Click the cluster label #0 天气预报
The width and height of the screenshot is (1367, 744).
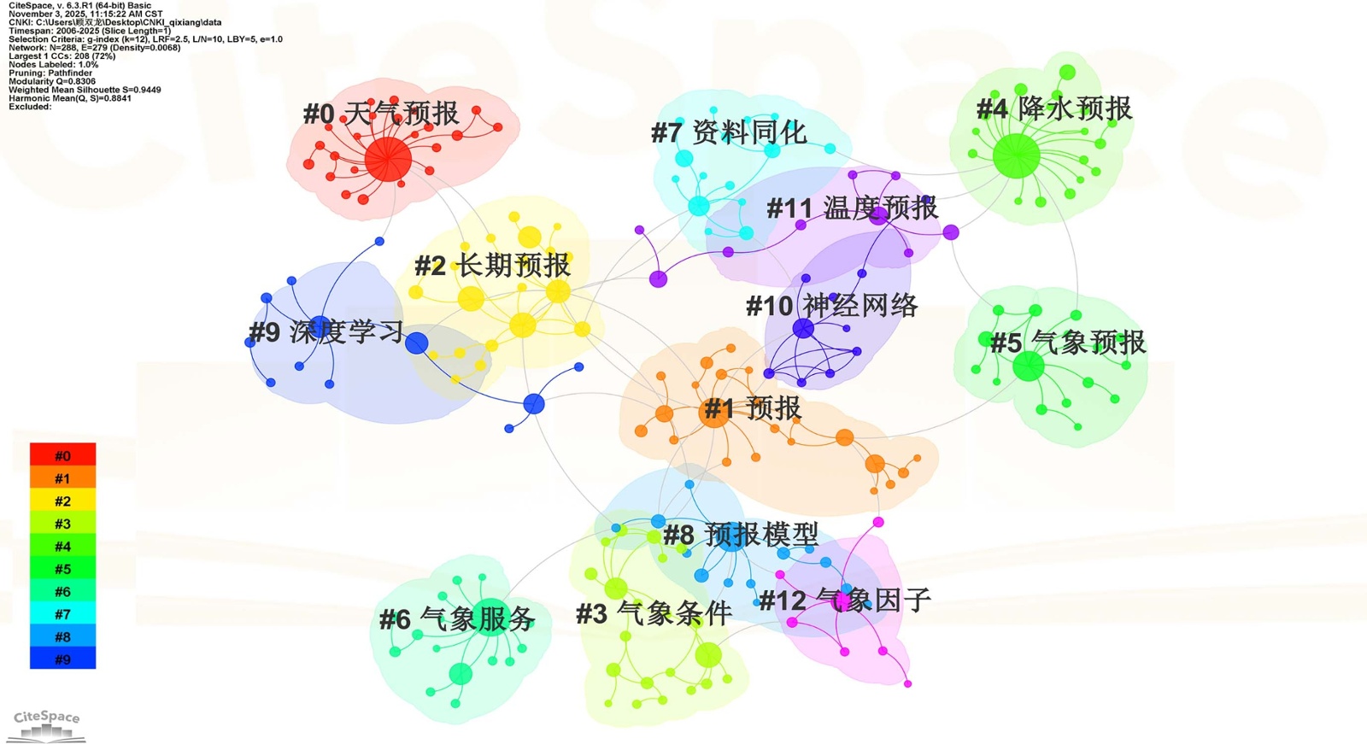pyautogui.click(x=381, y=114)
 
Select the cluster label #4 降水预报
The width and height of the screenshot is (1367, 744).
pyautogui.click(x=1053, y=109)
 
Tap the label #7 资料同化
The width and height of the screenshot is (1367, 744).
pyautogui.click(x=728, y=132)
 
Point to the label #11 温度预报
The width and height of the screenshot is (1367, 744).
pyautogui.click(x=852, y=208)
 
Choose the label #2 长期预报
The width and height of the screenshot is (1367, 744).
pyautogui.click(x=492, y=266)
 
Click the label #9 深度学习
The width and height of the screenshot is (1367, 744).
pyautogui.click(x=326, y=332)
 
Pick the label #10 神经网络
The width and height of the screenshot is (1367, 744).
pyautogui.click(x=831, y=306)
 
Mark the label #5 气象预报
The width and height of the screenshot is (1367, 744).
pyautogui.click(x=1067, y=343)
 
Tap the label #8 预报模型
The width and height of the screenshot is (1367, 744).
pyautogui.click(x=740, y=535)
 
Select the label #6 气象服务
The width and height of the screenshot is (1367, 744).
pyautogui.click(x=457, y=619)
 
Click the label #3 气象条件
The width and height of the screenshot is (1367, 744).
pyautogui.click(x=654, y=613)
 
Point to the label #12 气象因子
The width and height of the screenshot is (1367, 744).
pyautogui.click(x=844, y=600)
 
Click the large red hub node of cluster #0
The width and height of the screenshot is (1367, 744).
pyautogui.click(x=388, y=159)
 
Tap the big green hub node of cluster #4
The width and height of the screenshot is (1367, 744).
pyautogui.click(x=1016, y=156)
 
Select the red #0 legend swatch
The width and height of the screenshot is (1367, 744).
pyautogui.click(x=62, y=455)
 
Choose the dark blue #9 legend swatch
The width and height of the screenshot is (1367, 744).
pyautogui.click(x=62, y=659)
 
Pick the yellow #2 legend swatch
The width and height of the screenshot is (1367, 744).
pyautogui.click(x=62, y=501)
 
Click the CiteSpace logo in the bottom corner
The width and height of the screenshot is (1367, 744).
pyautogui.click(x=47, y=724)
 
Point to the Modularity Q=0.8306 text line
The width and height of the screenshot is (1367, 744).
pyautogui.click(x=52, y=81)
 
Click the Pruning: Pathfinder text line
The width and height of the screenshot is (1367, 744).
pyautogui.click(x=50, y=73)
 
